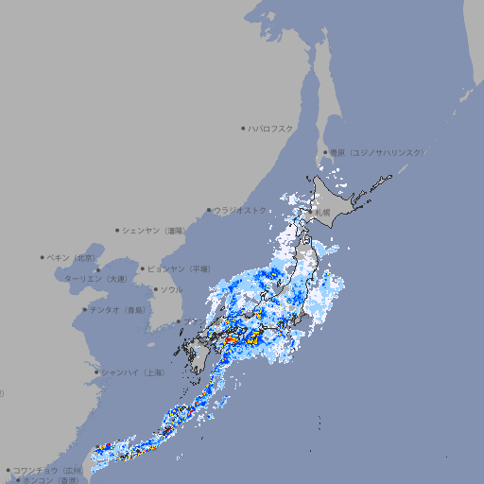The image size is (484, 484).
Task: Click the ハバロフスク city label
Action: pyautogui.click(x=271, y=128)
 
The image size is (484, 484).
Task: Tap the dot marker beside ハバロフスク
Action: pyautogui.click(x=243, y=128)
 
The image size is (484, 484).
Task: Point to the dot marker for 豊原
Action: pyautogui.click(x=325, y=152)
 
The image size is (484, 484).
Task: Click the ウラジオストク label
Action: pyautogui.click(x=240, y=210)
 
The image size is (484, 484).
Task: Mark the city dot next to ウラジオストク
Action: pyautogui.click(x=209, y=210)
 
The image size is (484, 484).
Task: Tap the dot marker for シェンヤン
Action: pyautogui.click(x=117, y=230)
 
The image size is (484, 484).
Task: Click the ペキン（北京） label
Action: pyautogui.click(x=72, y=257)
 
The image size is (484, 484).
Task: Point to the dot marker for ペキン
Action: pyautogui.click(x=43, y=257)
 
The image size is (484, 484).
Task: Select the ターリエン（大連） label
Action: pyautogui.click(x=95, y=280)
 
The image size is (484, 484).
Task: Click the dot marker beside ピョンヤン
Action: pyautogui.click(x=143, y=268)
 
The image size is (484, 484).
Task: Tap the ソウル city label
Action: pyautogui.click(x=171, y=289)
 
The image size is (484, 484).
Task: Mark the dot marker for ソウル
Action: pyautogui.click(x=155, y=289)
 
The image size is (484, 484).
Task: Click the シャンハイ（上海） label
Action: pyautogui.click(x=132, y=372)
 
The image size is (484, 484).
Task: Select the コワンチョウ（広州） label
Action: pyautogui.click(x=48, y=470)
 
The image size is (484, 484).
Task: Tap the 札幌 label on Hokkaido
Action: pyautogui.click(x=322, y=213)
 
